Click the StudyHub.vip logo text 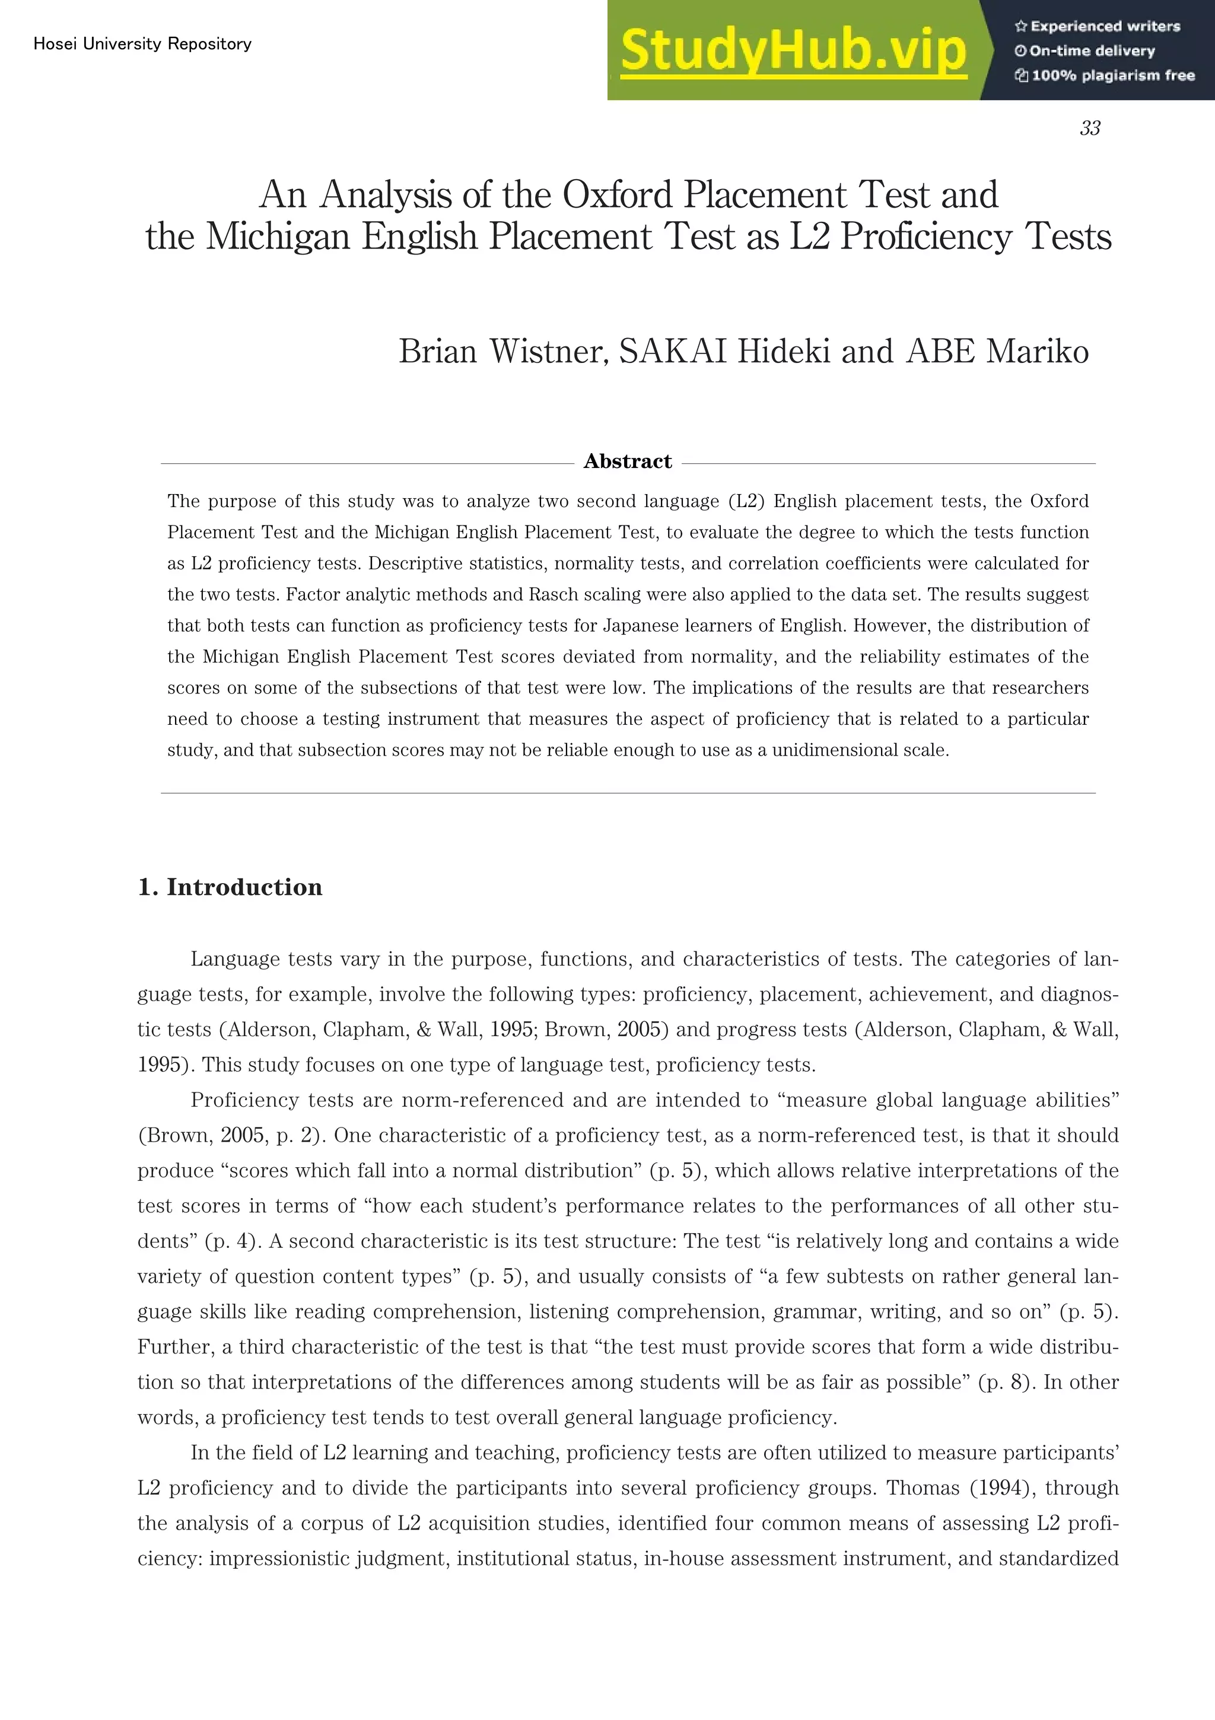coord(793,51)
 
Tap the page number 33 coord(1090,129)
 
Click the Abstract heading coord(627,461)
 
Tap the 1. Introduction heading coord(230,887)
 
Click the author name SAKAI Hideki coord(724,351)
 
